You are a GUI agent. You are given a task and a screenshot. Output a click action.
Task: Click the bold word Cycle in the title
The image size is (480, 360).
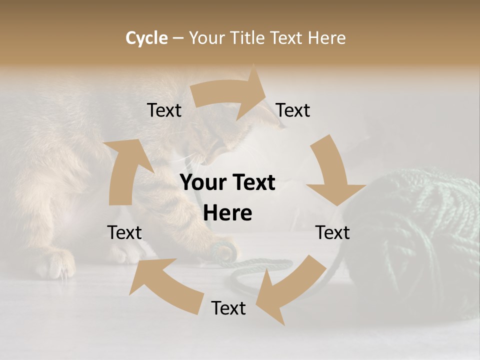pyautogui.click(x=146, y=38)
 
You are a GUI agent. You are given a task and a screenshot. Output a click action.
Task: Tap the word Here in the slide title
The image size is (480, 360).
pyautogui.click(x=327, y=38)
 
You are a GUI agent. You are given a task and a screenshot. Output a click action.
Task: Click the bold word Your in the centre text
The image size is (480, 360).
pyautogui.click(x=202, y=183)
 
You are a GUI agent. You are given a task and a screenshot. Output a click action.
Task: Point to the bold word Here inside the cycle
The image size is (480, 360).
pyautogui.click(x=227, y=213)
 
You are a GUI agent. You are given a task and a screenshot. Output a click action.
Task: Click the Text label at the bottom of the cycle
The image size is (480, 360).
pyautogui.click(x=228, y=308)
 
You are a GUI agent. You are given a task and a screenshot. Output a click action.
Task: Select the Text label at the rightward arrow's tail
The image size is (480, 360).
pyautogui.click(x=164, y=110)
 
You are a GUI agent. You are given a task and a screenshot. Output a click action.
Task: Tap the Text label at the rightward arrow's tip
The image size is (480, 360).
pyautogui.click(x=293, y=110)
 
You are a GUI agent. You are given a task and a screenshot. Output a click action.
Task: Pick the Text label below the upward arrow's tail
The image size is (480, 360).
pyautogui.click(x=124, y=232)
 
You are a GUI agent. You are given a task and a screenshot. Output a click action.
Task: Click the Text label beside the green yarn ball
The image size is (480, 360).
pyautogui.click(x=332, y=232)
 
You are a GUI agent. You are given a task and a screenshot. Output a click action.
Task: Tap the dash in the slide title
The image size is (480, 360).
pyautogui.click(x=178, y=38)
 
